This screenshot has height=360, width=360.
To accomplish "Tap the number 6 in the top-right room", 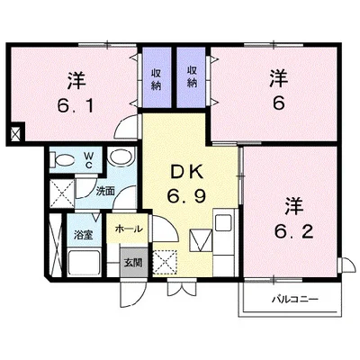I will click(x=278, y=102).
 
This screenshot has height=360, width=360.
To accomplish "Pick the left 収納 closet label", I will click(x=156, y=76).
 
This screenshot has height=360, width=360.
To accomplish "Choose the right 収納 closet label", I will click(x=192, y=76).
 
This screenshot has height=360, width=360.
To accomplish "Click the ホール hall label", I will click(x=127, y=229).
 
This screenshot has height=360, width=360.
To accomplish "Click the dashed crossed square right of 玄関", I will click(x=166, y=262).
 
